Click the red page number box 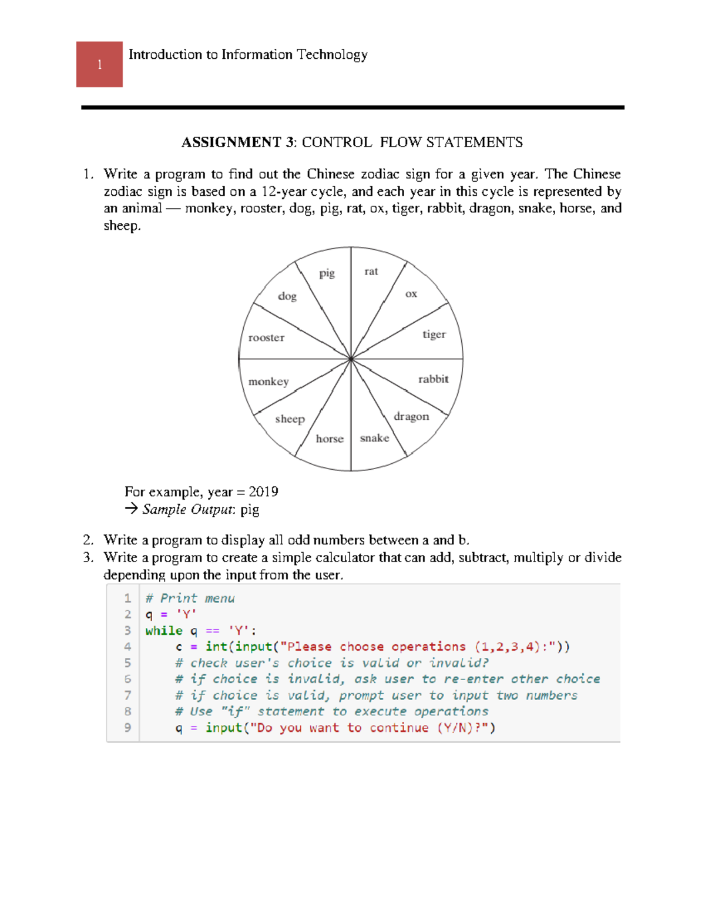(99, 64)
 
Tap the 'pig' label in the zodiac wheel (327, 273)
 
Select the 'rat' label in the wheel (371, 271)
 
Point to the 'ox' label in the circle (411, 294)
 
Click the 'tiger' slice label (434, 335)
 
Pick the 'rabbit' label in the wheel (433, 379)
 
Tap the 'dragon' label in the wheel (411, 417)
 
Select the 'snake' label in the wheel (374, 438)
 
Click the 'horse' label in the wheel (330, 439)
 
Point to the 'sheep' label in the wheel (290, 419)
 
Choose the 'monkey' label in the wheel (268, 382)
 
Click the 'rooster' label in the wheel (266, 337)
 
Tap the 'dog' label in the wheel (287, 296)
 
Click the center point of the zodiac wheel (351, 358)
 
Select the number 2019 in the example (263, 491)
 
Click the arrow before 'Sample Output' (131, 509)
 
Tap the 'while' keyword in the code (164, 631)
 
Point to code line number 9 (127, 728)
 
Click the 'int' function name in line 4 (216, 647)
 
